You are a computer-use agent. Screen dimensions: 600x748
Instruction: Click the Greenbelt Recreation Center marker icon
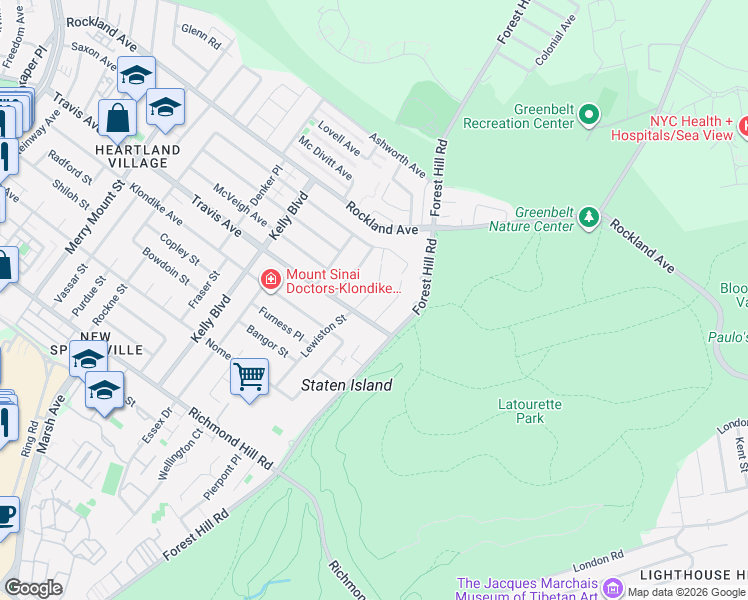point(589,116)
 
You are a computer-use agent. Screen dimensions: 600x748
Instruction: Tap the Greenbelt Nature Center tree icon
point(590,218)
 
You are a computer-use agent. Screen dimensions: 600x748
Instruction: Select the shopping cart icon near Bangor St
point(249,377)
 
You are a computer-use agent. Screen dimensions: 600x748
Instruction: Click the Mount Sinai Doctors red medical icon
point(270,281)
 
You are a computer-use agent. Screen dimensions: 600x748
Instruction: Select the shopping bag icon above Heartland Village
point(117,119)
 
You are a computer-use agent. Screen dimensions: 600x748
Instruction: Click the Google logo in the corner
point(33,588)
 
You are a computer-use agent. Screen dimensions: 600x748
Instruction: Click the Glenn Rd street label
point(201,37)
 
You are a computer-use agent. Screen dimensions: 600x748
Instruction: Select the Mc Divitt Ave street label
point(325,159)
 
